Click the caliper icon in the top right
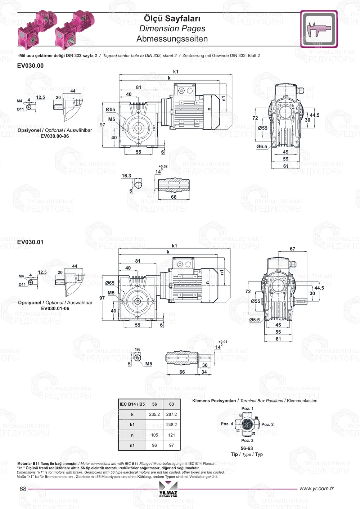(x=319, y=29)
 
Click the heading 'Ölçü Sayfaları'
(x=172, y=18)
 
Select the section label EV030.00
(x=30, y=66)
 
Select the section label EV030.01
(x=30, y=242)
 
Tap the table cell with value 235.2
(x=154, y=414)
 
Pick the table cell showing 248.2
(x=171, y=425)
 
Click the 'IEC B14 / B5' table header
(x=132, y=404)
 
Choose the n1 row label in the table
(x=132, y=445)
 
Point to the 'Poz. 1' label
(x=247, y=409)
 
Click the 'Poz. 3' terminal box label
(x=247, y=441)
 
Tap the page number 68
(x=23, y=489)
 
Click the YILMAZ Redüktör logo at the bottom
(x=168, y=489)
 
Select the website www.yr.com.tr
(x=316, y=488)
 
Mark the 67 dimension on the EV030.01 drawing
(x=292, y=249)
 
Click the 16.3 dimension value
(x=126, y=176)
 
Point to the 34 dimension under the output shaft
(x=204, y=372)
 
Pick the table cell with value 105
(x=154, y=435)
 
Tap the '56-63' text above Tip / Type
(x=247, y=449)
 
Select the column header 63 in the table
(x=171, y=404)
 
